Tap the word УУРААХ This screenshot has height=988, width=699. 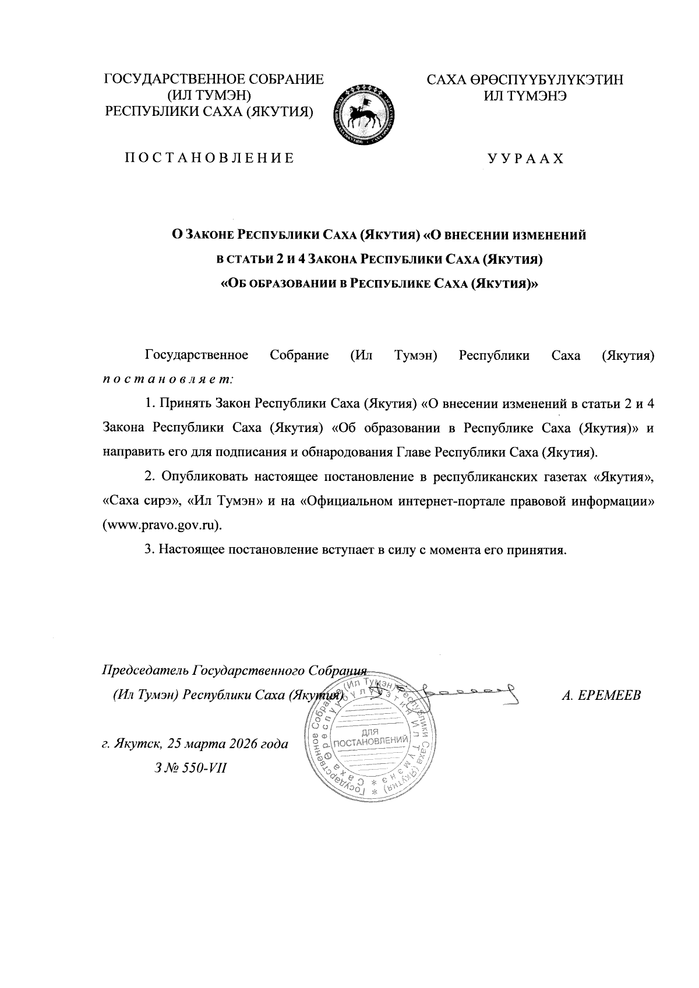525,158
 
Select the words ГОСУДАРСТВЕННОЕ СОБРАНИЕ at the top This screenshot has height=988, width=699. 213,80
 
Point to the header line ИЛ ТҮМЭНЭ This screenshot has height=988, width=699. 525,95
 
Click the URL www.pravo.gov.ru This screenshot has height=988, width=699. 162,524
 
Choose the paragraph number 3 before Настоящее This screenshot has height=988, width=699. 149,549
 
